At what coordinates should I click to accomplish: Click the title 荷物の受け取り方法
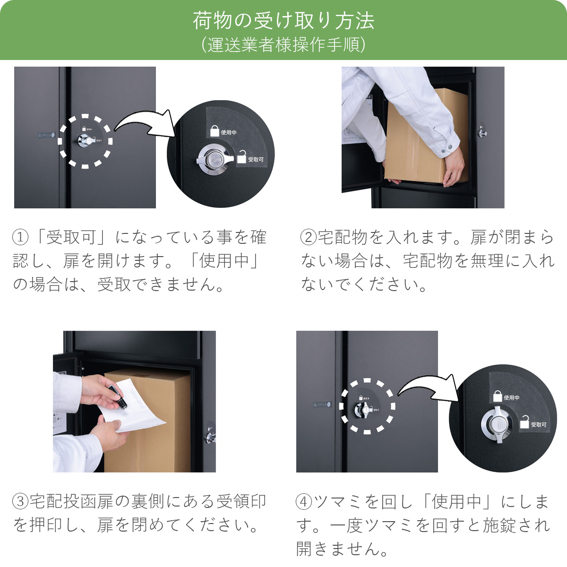pyautogui.click(x=283, y=20)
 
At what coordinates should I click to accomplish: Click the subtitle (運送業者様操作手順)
pyautogui.click(x=283, y=45)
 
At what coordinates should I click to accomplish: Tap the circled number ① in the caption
pyautogui.click(x=20, y=237)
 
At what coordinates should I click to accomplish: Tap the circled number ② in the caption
pyautogui.click(x=308, y=237)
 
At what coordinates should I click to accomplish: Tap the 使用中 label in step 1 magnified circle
pyautogui.click(x=229, y=133)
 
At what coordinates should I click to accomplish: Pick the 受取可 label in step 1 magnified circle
pyautogui.click(x=256, y=160)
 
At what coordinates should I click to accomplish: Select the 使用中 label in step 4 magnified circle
pyautogui.click(x=511, y=398)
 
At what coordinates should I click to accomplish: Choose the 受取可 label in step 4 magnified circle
pyautogui.click(x=538, y=425)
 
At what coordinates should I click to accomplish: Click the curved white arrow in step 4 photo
pyautogui.click(x=428, y=385)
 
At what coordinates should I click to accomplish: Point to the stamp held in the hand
pyautogui.click(x=118, y=397)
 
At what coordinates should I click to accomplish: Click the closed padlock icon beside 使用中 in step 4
pyautogui.click(x=497, y=396)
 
